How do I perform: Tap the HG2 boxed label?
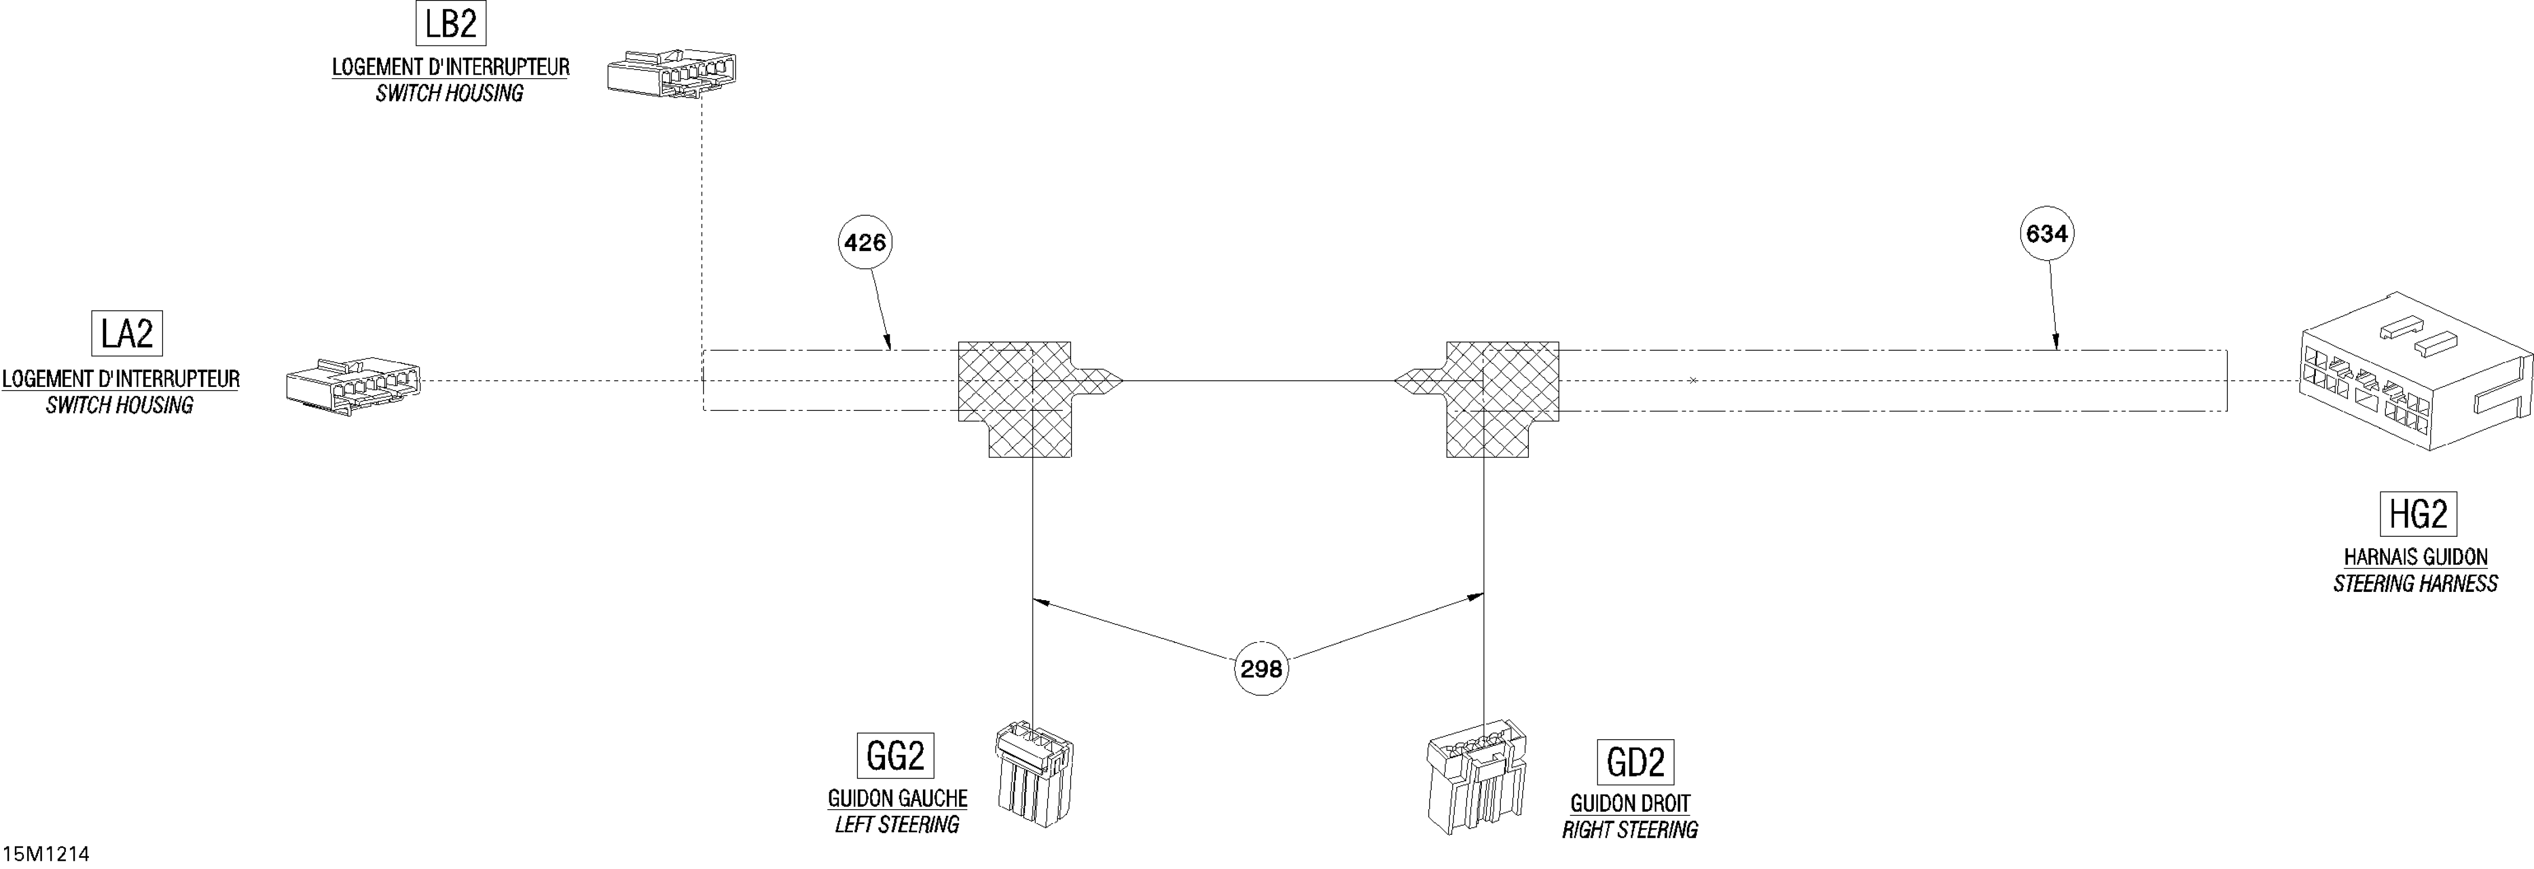2417,514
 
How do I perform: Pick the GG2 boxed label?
895,756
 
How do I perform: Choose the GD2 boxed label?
1635,762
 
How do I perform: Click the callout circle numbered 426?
865,242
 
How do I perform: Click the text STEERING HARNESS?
2415,584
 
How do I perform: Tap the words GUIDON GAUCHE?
897,798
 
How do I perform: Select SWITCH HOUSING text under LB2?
450,94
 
